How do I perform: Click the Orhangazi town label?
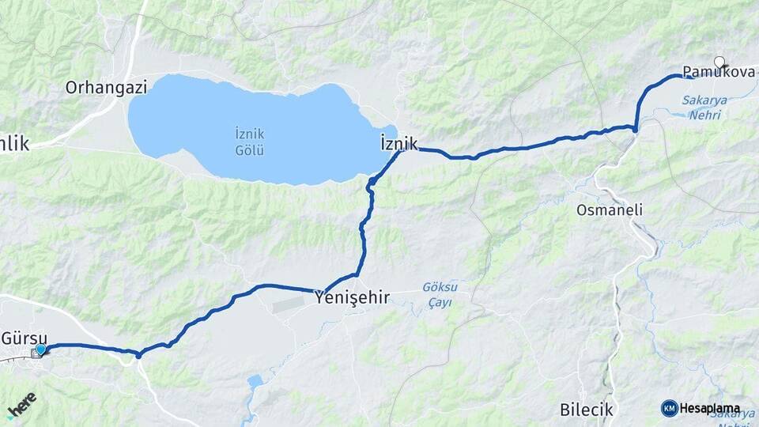coord(107,87)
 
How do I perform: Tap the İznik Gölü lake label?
coord(250,142)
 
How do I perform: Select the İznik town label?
coord(398,143)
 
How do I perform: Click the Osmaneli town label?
coord(610,210)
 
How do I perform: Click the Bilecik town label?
coord(586,410)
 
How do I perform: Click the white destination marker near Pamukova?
coord(719,62)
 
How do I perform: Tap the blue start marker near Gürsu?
coord(40,350)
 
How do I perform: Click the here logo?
coord(21,404)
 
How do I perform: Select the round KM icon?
coord(669,408)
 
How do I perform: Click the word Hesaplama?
coord(709,409)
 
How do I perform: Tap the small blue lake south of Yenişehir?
coord(255,382)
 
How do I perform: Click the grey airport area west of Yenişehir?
coord(293,304)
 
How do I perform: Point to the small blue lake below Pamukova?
coord(678,115)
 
